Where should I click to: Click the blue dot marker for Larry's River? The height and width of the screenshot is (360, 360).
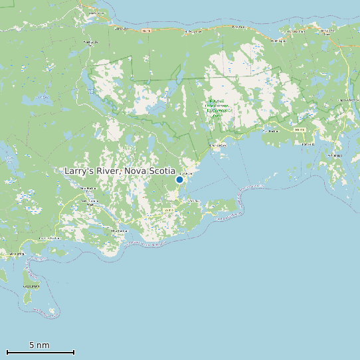179,179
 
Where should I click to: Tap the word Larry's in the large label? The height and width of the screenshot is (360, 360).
78,171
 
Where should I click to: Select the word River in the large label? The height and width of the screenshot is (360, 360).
106,171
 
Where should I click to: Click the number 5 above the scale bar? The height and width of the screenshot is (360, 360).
31,345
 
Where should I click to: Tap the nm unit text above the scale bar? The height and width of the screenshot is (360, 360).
43,345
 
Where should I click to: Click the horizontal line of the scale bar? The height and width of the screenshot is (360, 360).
40,352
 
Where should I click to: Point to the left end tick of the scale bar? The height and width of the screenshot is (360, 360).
7,352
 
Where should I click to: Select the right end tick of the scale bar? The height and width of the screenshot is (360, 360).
74,352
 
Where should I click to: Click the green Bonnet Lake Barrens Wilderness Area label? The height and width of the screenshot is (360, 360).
217,106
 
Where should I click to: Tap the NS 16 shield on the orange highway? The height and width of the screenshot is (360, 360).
147,31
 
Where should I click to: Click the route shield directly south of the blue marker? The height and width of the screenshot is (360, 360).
167,209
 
